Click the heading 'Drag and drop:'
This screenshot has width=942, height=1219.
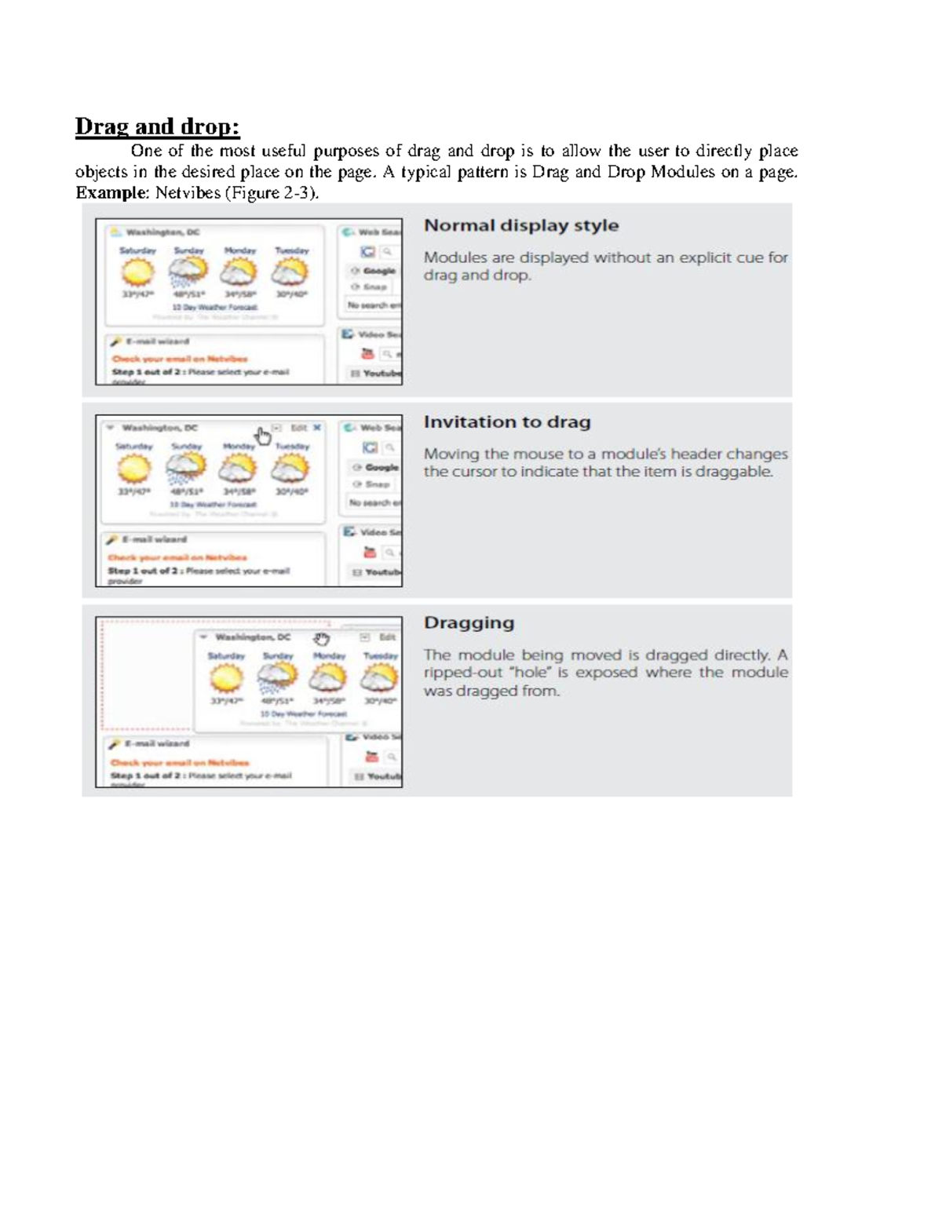click(x=157, y=126)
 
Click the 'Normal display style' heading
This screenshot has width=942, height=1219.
click(x=520, y=226)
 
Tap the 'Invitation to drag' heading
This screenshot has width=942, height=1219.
click(x=506, y=422)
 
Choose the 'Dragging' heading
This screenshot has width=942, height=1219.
click(x=469, y=623)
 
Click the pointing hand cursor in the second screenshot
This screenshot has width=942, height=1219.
click(x=263, y=436)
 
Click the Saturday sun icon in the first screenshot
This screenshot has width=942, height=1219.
click(x=137, y=272)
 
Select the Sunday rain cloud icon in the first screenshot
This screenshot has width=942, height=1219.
click(x=188, y=272)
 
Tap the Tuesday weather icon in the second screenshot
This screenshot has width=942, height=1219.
click(x=290, y=469)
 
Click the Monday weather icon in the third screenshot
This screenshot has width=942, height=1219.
click(x=328, y=677)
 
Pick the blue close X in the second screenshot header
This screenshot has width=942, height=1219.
click(x=317, y=428)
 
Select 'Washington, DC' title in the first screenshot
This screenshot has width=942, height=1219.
click(x=162, y=232)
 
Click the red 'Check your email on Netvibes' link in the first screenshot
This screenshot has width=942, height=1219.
click(x=179, y=359)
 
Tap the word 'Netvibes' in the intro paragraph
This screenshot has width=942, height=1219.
click(x=188, y=193)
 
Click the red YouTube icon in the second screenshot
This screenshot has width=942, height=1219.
click(x=369, y=553)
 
